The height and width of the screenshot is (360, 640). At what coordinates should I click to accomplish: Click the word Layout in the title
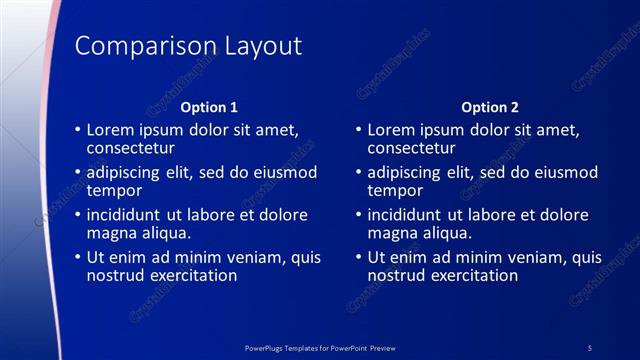click(256, 47)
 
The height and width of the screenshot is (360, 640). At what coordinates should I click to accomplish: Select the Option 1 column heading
click(209, 107)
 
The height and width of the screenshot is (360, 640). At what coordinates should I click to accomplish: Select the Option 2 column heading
click(489, 107)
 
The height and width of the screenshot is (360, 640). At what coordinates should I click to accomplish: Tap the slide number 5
click(590, 347)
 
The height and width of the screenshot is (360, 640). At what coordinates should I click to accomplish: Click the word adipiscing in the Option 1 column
click(128, 172)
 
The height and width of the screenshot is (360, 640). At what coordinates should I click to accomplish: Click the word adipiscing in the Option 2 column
click(408, 172)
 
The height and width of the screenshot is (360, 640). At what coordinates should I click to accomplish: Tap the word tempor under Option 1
click(114, 190)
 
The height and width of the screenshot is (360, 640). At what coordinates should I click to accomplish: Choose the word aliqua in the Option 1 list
click(162, 233)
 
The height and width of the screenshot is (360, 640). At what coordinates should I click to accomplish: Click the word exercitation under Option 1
click(191, 275)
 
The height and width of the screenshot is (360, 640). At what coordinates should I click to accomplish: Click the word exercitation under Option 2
click(471, 275)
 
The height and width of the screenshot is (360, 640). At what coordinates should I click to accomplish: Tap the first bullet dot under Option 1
click(77, 130)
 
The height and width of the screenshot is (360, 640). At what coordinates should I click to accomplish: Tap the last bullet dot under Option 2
click(357, 257)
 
